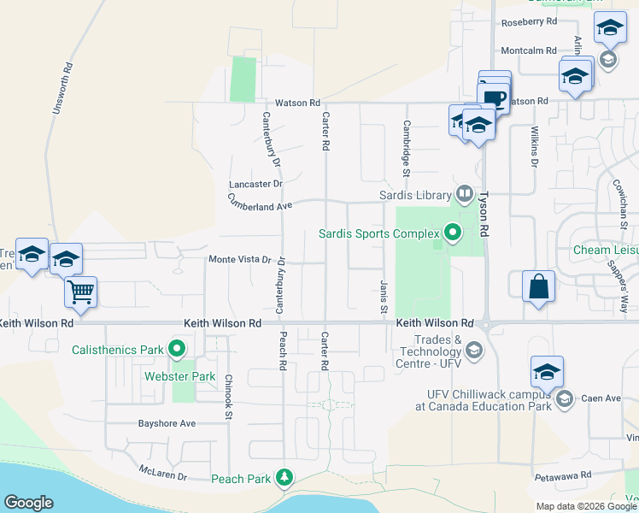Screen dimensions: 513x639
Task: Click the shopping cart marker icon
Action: [81, 292]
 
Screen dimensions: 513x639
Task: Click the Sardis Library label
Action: [416, 194]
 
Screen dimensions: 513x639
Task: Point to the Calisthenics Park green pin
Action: [177, 349]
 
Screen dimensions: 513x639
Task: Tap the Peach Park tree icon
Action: [289, 477]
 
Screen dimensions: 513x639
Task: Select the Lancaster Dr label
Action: [255, 184]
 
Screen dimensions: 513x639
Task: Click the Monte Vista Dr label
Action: [240, 259]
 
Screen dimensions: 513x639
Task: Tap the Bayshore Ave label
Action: [167, 423]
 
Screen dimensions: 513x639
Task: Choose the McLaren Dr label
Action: [163, 470]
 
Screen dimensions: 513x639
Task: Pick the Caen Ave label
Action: [602, 398]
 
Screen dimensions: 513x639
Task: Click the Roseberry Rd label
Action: [530, 21]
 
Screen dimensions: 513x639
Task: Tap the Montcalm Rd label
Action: [529, 50]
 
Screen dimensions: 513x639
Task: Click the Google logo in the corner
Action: [29, 503]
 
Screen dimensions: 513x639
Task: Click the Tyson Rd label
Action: [484, 213]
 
